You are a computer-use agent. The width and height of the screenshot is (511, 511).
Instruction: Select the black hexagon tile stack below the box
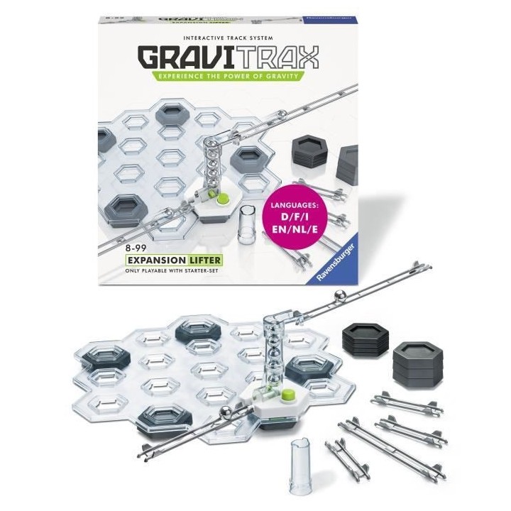coord(364,340)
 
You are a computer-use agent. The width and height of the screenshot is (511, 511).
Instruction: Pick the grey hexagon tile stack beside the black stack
coord(414,362)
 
